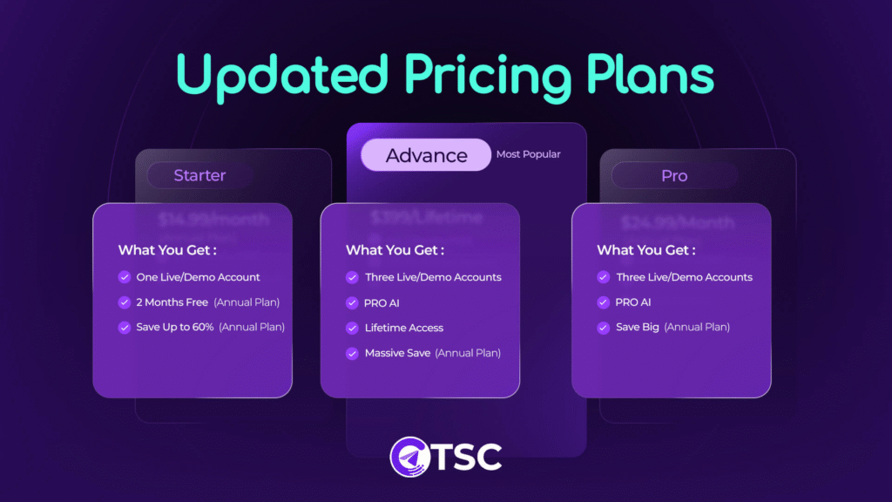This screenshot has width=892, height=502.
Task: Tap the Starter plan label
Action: (199, 175)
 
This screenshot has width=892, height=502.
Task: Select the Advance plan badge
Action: (426, 155)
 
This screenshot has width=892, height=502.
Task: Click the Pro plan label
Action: (673, 175)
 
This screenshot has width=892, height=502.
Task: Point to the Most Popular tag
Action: (528, 154)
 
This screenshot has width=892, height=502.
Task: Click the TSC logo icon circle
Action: (410, 456)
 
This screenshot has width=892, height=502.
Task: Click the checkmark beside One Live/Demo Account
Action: (125, 277)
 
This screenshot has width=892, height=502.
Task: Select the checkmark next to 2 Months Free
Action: (125, 302)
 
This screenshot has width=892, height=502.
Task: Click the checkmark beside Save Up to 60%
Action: (125, 327)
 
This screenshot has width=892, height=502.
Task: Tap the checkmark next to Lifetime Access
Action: (352, 328)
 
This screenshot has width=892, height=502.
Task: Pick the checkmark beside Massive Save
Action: (352, 353)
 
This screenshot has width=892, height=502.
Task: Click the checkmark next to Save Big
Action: (603, 327)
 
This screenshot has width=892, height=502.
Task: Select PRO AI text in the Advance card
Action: (382, 302)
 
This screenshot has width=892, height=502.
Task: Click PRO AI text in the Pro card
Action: (633, 302)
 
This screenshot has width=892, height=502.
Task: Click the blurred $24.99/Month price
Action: (672, 221)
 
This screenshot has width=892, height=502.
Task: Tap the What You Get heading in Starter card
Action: (167, 250)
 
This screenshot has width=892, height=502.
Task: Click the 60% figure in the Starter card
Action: (202, 327)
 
